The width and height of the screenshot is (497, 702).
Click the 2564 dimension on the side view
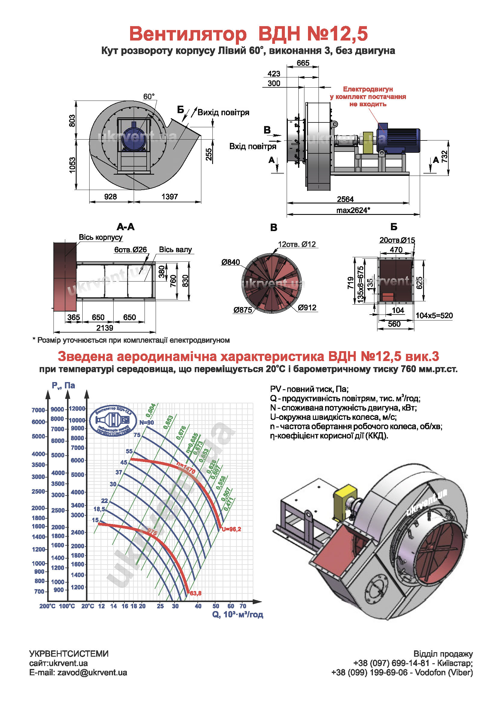coord(345,199)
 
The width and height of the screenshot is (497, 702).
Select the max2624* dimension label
coord(353,210)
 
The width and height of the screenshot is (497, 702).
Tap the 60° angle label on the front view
coord(149,97)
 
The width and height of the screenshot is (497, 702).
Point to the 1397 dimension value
coord(169,197)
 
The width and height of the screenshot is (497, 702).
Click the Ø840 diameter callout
coord(231,262)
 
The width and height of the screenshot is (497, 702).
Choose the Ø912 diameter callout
coord(307,308)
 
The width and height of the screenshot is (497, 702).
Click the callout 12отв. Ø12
coord(297,244)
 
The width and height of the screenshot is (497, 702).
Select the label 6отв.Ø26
coord(131,249)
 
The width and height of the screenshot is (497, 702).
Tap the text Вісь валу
coord(175,249)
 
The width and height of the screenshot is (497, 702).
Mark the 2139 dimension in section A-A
coord(105,328)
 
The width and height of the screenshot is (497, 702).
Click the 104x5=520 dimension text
coord(434,315)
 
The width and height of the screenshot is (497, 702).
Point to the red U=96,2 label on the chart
coord(231,529)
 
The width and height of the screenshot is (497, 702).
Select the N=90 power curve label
coord(147,423)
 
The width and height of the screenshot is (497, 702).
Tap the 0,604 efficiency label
coord(151,410)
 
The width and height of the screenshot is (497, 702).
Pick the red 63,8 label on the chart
coord(196,593)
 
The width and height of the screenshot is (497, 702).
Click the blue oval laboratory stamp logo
coord(113,420)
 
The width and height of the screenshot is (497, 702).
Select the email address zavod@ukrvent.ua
coord(92,673)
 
